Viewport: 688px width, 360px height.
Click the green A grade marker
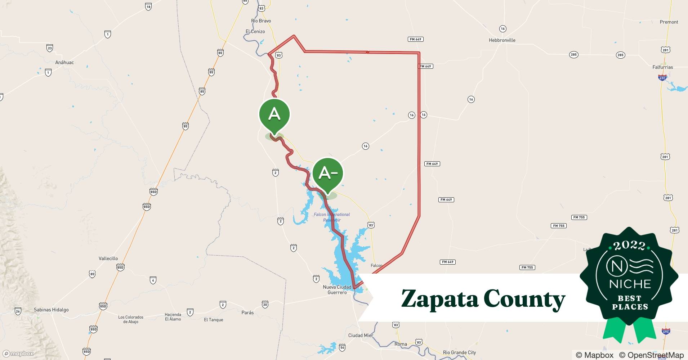[274, 114]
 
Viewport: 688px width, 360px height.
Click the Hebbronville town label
[502, 40]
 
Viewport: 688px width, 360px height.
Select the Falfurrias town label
[662, 67]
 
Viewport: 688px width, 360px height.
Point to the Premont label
[669, 22]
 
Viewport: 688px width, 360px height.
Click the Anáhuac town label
[64, 63]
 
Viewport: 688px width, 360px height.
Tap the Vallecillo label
[108, 258]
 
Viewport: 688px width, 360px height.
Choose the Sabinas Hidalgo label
[51, 310]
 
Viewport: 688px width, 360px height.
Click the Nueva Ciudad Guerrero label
[337, 290]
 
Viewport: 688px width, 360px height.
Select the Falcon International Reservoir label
[332, 217]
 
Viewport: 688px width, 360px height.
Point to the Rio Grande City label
[459, 352]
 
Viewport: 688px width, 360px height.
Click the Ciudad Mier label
[361, 336]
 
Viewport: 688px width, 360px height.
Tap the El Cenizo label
[255, 32]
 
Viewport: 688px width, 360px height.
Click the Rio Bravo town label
[261, 21]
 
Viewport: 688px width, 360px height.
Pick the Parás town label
[247, 312]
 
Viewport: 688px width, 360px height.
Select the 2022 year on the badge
[629, 246]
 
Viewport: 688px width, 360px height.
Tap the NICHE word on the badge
[630, 284]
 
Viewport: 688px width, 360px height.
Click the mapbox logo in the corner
[18, 354]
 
